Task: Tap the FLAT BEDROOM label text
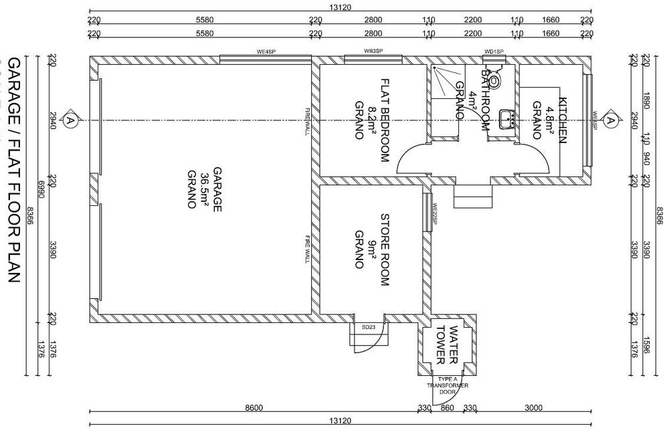385,120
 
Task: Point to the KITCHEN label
562,120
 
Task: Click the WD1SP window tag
494,51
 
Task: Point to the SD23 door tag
368,327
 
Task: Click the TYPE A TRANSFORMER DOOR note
449,386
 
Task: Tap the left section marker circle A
69,120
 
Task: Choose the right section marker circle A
611,120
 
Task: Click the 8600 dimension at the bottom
254,407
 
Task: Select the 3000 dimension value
533,407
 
